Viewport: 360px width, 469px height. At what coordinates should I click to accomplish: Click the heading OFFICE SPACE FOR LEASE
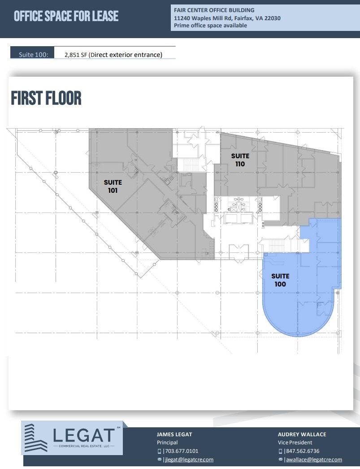click(x=66, y=17)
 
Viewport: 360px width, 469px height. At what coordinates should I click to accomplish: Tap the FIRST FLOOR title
click(x=46, y=98)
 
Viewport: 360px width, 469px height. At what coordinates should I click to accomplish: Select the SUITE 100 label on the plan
click(x=280, y=280)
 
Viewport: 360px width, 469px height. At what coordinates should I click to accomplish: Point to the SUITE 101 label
click(x=113, y=187)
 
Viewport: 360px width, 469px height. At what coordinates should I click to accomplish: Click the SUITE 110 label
click(x=240, y=160)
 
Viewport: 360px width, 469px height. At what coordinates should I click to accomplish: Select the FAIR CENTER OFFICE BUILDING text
click(x=214, y=10)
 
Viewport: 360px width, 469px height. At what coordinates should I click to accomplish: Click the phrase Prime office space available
click(x=210, y=26)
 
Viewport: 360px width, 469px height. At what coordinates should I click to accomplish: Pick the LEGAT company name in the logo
click(x=84, y=435)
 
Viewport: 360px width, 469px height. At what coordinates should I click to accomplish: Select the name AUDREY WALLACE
click(x=302, y=434)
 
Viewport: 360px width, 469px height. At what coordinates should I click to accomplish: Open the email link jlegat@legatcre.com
click(x=188, y=460)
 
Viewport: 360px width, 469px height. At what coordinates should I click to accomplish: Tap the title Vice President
click(x=295, y=443)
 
